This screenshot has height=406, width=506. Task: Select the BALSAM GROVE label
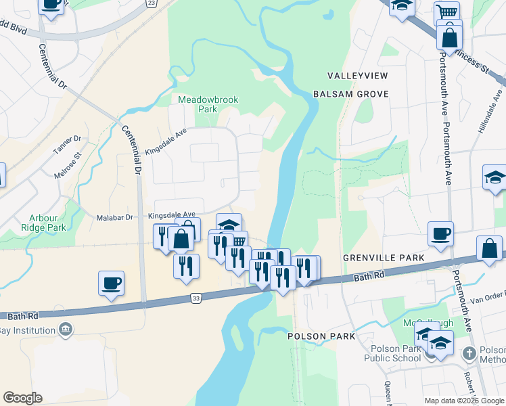coord(350,94)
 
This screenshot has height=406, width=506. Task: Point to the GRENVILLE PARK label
coord(384,258)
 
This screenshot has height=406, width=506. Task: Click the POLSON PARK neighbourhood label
coord(321,336)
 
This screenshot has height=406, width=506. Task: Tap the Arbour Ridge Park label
coord(47,223)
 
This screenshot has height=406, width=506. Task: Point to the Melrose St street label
coord(68,165)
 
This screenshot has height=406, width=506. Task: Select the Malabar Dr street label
coord(119,217)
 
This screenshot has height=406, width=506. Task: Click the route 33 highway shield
coord(195,297)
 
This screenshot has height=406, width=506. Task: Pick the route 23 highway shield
coord(151,3)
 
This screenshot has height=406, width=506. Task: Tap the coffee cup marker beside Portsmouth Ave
coord(441,234)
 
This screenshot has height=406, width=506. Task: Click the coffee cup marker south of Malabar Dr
coord(112,284)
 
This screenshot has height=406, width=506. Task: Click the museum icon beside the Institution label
coord(66,330)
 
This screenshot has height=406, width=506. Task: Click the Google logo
coord(22,398)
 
